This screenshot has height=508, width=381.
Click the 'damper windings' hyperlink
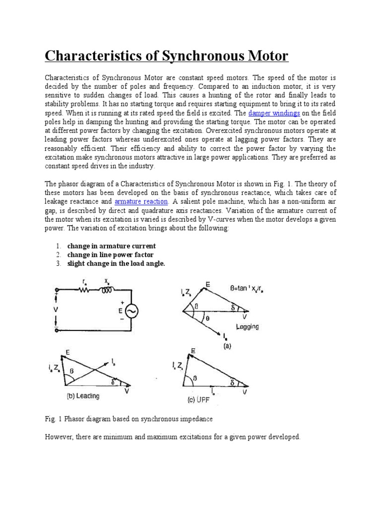click(x=274, y=113)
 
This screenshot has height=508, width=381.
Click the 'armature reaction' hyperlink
click(x=141, y=202)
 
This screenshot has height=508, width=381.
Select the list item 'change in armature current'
click(x=112, y=246)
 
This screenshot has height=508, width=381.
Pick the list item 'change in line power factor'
click(x=111, y=255)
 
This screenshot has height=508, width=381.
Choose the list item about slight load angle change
click(x=116, y=264)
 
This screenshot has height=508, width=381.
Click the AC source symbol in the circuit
click(x=131, y=311)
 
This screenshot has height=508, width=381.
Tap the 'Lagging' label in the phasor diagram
click(x=248, y=327)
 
